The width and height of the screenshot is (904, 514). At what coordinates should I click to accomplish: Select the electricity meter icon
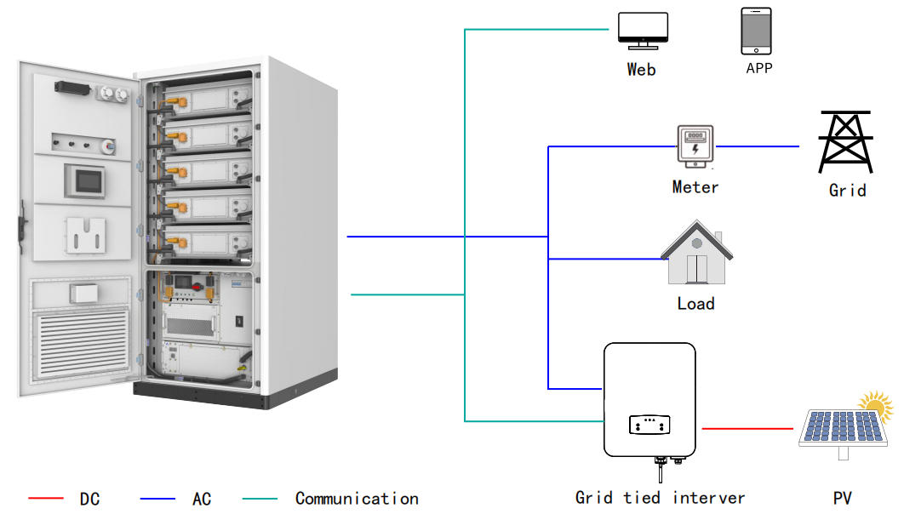click(x=695, y=146)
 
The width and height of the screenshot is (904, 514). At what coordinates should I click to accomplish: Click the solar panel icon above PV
click(x=840, y=428)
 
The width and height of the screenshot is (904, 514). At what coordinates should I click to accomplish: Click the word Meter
click(x=695, y=187)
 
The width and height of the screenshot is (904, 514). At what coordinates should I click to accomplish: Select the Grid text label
click(x=847, y=191)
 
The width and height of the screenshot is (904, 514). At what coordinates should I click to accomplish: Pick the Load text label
click(x=695, y=304)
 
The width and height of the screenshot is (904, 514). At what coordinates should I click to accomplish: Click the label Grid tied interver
click(x=660, y=498)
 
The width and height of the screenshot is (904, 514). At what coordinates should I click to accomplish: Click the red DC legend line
click(x=46, y=499)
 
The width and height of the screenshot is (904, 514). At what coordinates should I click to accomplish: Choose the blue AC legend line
click(x=157, y=499)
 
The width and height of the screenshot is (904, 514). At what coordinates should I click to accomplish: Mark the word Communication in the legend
click(x=357, y=499)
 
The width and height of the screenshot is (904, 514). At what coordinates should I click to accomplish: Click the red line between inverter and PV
click(x=749, y=429)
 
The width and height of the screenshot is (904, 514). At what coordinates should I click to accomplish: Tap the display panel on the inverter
click(x=649, y=424)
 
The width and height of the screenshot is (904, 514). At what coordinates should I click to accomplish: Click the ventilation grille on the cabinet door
click(x=80, y=343)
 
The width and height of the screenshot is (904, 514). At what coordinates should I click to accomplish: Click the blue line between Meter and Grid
click(x=758, y=146)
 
